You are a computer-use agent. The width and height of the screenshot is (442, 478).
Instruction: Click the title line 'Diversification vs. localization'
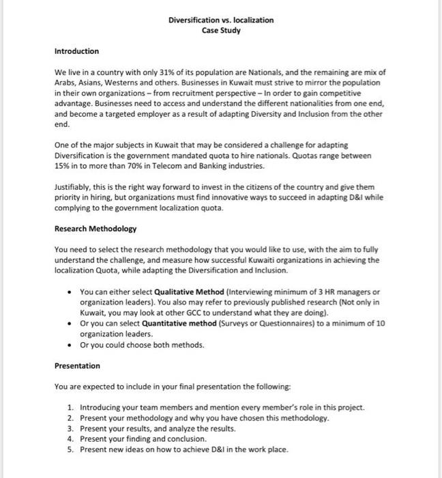(221, 20)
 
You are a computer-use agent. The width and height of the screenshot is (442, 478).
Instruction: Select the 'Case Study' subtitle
(221, 31)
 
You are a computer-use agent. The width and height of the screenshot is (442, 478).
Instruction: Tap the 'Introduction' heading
(76, 51)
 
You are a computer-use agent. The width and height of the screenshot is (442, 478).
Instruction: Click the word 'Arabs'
(65, 82)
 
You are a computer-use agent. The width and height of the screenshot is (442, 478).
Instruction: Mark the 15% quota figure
(63, 166)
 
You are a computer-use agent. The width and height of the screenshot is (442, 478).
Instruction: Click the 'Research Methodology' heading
(95, 228)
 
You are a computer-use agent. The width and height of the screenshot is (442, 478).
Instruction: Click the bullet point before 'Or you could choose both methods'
(72, 345)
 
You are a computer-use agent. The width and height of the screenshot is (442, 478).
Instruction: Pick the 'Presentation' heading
(77, 366)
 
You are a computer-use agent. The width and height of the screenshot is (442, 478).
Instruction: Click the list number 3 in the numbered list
(70, 429)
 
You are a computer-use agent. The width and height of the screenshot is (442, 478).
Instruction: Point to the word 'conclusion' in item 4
(186, 439)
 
